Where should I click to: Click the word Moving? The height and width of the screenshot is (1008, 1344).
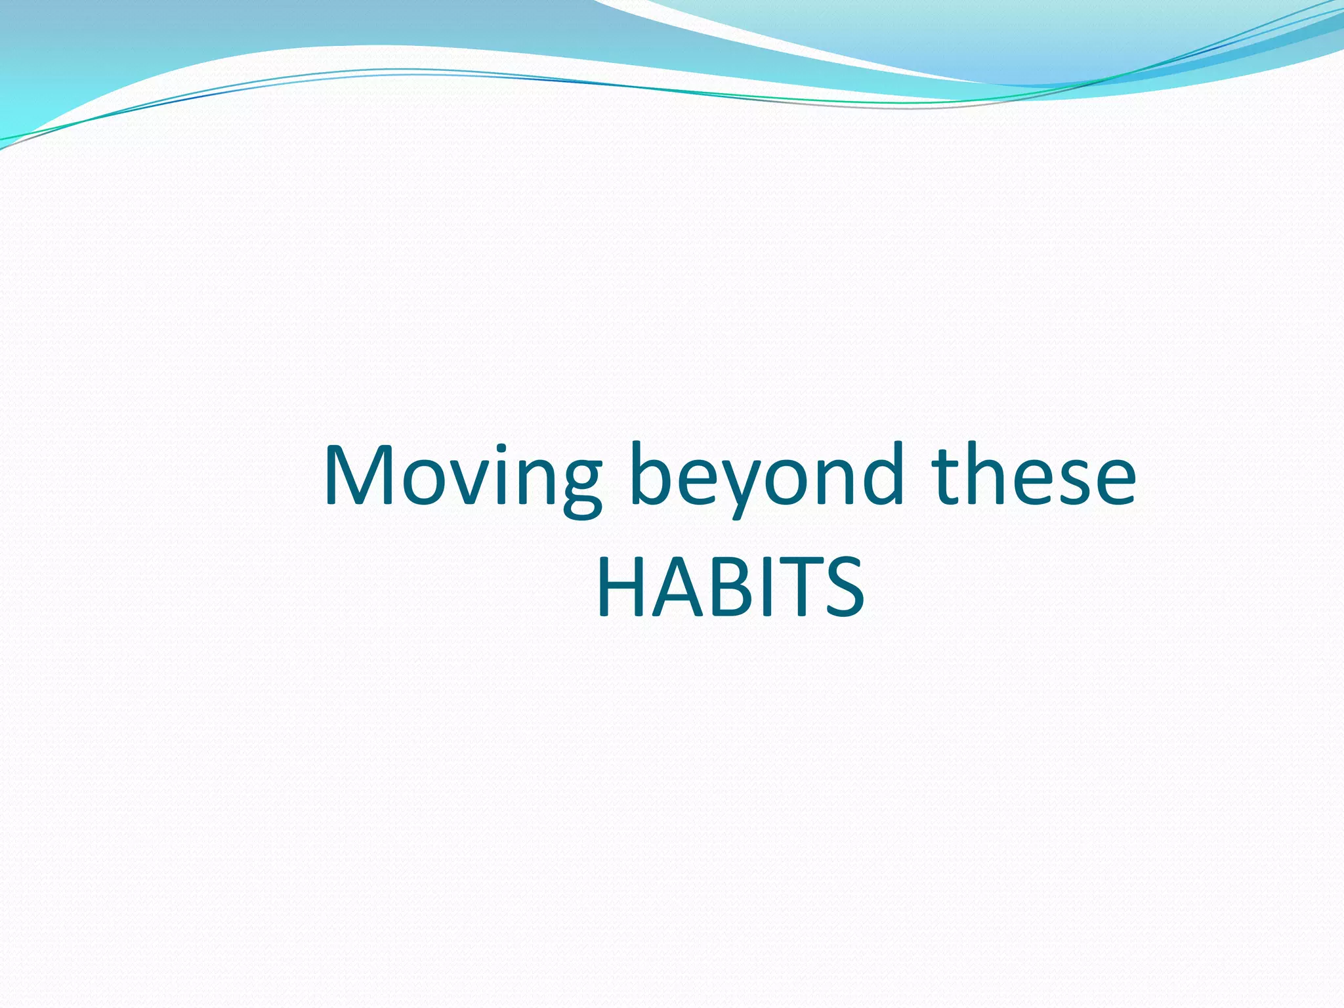463,476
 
